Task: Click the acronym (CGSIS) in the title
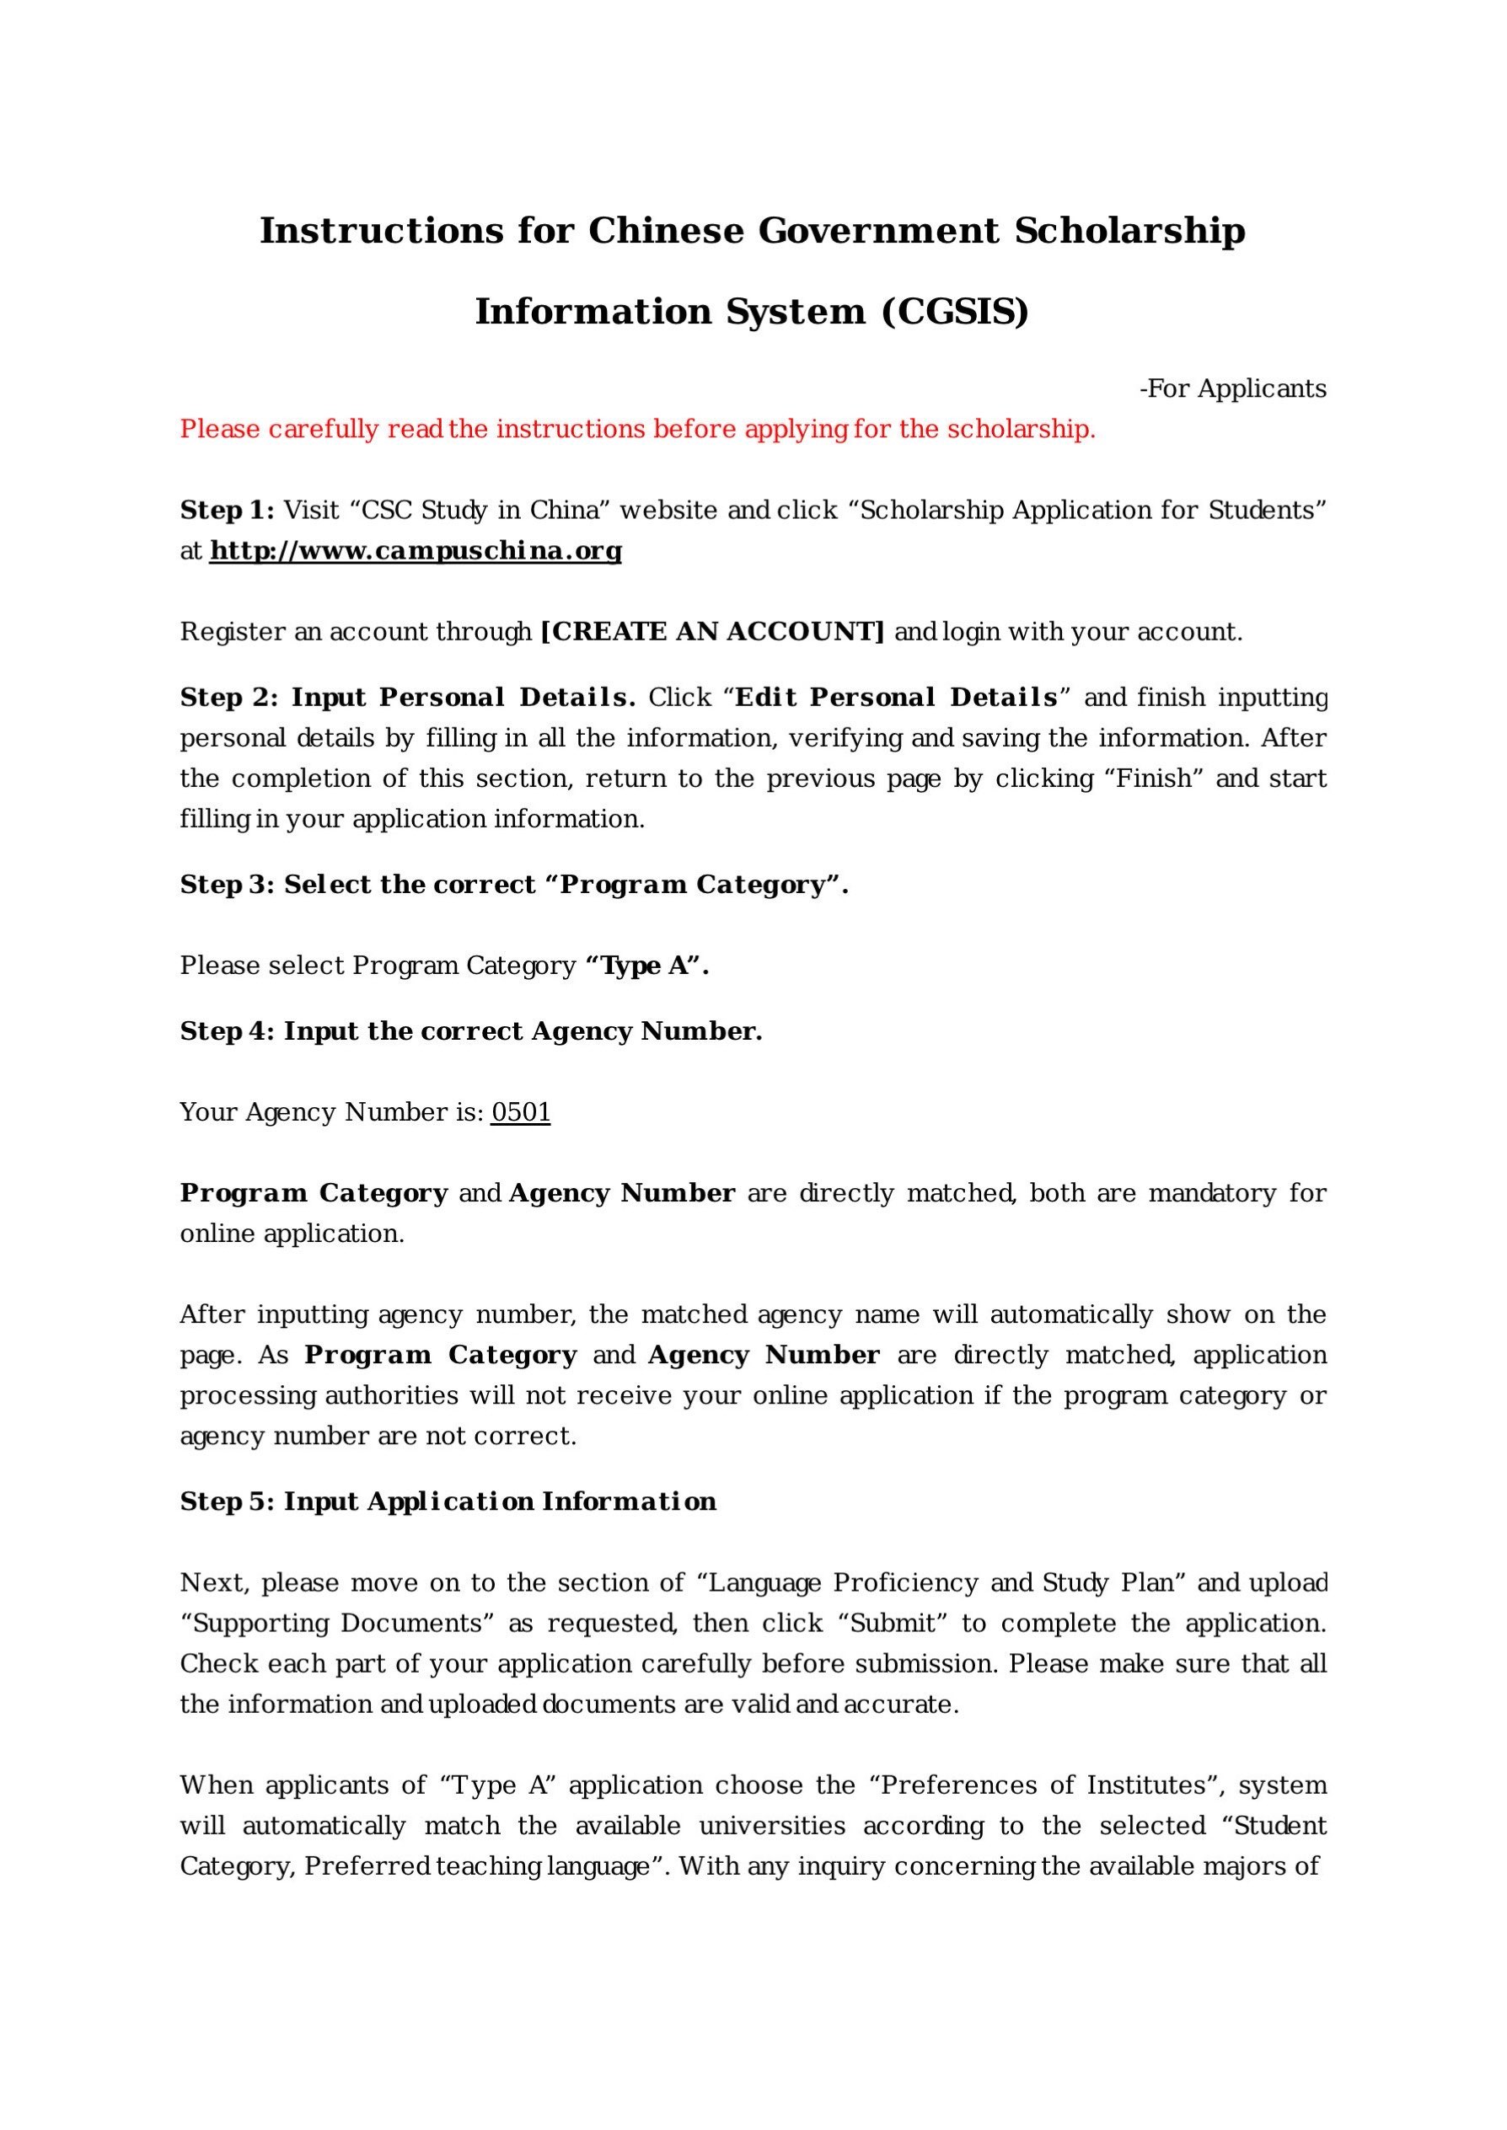click(955, 312)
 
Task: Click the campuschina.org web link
click(415, 551)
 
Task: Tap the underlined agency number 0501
click(521, 1112)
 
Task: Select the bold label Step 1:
click(227, 511)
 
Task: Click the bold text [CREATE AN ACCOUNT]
click(711, 632)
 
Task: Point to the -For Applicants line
click(1232, 388)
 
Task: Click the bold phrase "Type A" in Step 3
click(646, 966)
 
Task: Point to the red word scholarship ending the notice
click(1021, 430)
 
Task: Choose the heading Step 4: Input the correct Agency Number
click(470, 1031)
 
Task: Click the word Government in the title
click(879, 230)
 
